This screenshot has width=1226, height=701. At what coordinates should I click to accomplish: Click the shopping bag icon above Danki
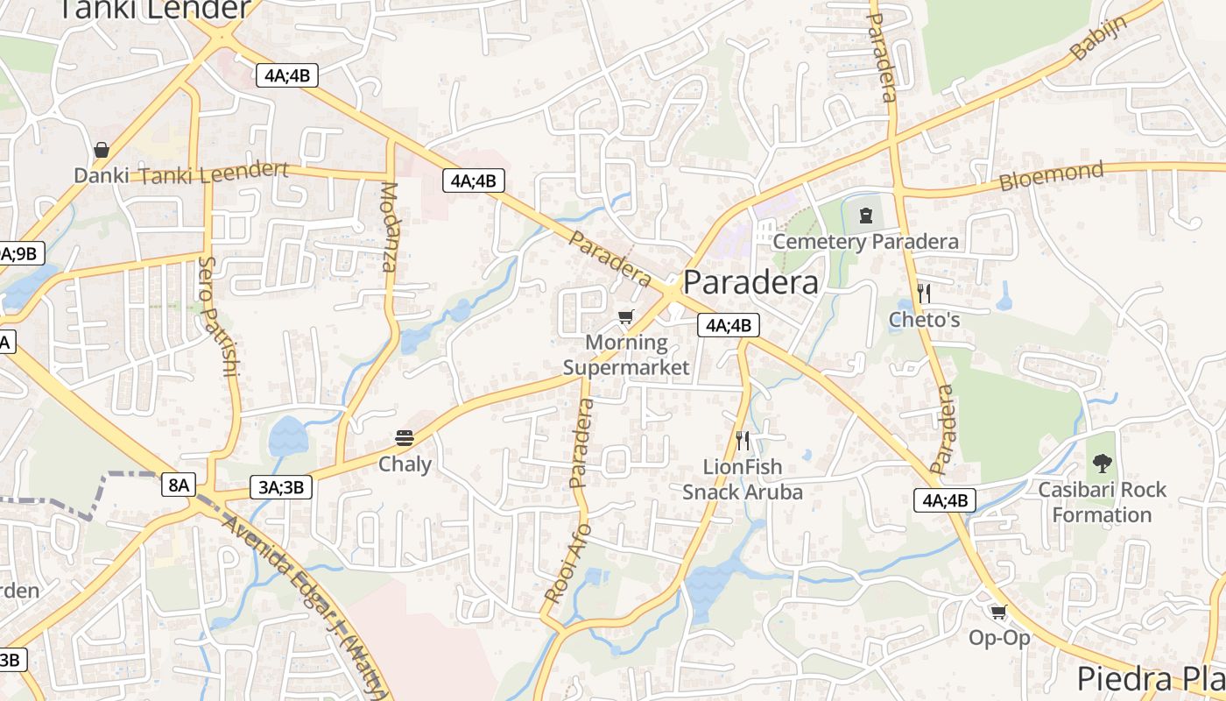(x=102, y=150)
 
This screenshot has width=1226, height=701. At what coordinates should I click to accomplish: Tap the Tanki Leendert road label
(x=214, y=173)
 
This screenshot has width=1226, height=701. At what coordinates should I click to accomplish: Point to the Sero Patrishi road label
(x=219, y=315)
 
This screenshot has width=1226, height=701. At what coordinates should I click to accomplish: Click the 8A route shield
(x=178, y=484)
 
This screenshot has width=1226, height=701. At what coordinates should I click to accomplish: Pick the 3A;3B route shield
(x=281, y=487)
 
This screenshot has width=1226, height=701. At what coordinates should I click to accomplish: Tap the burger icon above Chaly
(x=404, y=437)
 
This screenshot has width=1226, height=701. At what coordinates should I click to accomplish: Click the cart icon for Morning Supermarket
(x=625, y=316)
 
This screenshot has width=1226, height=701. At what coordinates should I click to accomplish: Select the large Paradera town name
(x=750, y=282)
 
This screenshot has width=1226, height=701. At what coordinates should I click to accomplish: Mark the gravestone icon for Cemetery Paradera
(x=866, y=214)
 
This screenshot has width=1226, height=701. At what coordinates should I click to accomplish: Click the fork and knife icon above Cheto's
(x=923, y=293)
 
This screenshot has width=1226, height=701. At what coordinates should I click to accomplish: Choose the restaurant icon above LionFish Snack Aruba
(x=743, y=440)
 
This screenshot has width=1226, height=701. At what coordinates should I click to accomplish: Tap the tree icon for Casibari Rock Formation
(x=1102, y=463)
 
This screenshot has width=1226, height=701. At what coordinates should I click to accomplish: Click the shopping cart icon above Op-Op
(x=998, y=612)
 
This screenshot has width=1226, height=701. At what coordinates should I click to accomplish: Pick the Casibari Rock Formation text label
(x=1102, y=502)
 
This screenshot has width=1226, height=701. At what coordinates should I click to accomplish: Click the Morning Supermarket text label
(x=626, y=355)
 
